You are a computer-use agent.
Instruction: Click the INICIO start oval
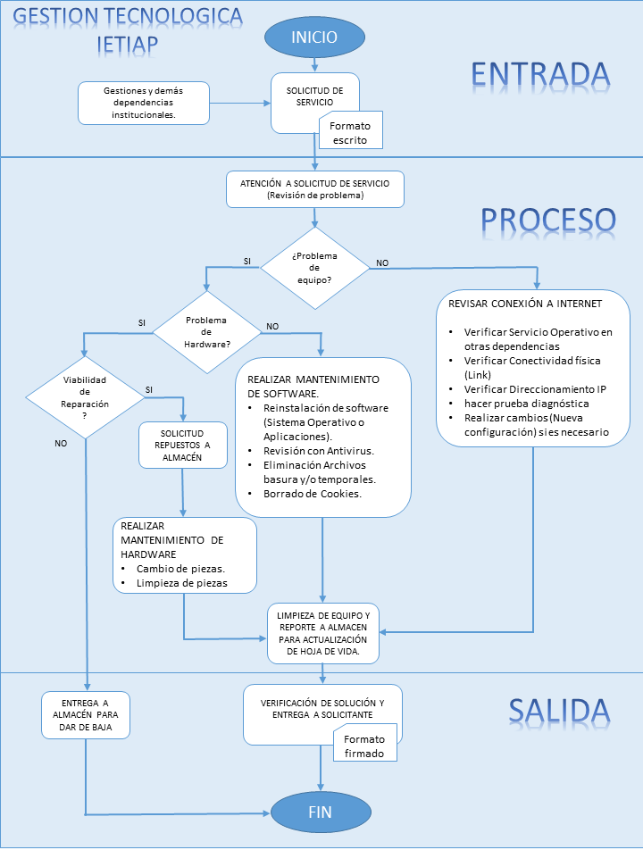coord(314,37)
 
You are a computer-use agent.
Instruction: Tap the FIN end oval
coord(319,812)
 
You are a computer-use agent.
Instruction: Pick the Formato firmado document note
coord(364,746)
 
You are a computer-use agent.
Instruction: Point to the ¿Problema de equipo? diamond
coord(313,265)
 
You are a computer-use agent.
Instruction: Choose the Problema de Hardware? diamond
coord(205,332)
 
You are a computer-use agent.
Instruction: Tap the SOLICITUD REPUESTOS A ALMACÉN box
coord(182,445)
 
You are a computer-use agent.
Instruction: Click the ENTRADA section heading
coord(540,74)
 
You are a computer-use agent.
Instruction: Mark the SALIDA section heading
coord(560,710)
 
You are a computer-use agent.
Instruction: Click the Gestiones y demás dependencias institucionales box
coord(144,103)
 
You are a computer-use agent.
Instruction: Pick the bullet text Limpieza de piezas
coord(181,583)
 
